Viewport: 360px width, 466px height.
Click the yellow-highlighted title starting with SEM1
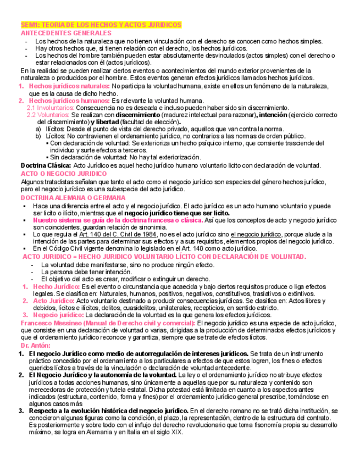101,25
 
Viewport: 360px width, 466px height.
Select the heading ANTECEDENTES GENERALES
65,33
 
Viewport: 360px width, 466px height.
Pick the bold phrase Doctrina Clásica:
46,165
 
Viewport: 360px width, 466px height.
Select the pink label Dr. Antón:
35,345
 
